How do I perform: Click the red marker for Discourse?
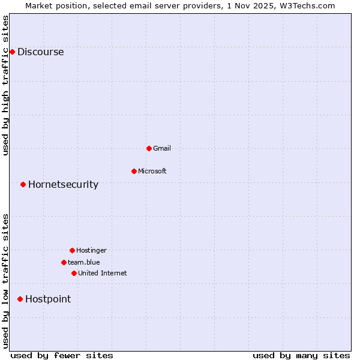(12, 52)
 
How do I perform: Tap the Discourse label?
(40, 52)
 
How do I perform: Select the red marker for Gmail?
(149, 148)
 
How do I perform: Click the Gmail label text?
(162, 148)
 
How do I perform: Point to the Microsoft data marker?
(134, 171)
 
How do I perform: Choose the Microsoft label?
(152, 171)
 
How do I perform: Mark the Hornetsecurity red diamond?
(23, 184)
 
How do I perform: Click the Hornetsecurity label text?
(63, 184)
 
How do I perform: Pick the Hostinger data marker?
(72, 250)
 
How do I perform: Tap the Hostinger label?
(91, 250)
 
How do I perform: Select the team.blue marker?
(64, 262)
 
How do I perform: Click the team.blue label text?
(83, 262)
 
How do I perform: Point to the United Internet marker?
(74, 273)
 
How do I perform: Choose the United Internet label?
(102, 273)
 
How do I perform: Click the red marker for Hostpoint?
(20, 299)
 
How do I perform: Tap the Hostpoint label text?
(47, 299)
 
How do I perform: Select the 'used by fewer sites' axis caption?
(62, 355)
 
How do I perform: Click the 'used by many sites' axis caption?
(301, 355)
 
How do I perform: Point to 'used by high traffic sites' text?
(5, 85)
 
